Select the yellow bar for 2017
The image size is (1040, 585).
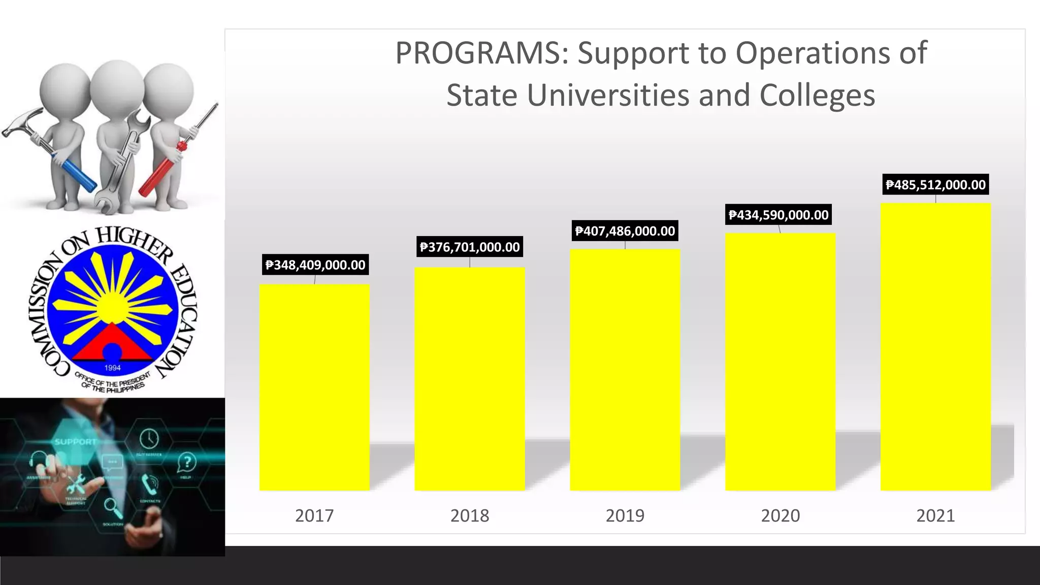pyautogui.click(x=314, y=387)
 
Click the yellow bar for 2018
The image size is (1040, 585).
pyautogui.click(x=470, y=379)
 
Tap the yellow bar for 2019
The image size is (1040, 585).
pyautogui.click(x=625, y=370)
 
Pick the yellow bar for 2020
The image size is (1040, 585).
pyautogui.click(x=780, y=362)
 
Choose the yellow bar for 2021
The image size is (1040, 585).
pyautogui.click(x=935, y=347)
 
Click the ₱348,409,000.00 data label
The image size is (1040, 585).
pyautogui.click(x=315, y=265)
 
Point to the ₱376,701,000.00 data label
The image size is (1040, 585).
pyautogui.click(x=470, y=247)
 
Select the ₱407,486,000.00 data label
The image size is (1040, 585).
pyautogui.click(x=625, y=232)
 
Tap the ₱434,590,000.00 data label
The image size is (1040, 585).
pyautogui.click(x=778, y=215)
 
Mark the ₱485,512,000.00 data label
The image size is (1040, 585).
pyautogui.click(x=935, y=185)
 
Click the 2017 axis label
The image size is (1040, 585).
pyautogui.click(x=314, y=516)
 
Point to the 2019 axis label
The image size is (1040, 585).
pyautogui.click(x=625, y=516)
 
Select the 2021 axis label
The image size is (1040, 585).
pyautogui.click(x=935, y=516)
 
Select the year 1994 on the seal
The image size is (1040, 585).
pyautogui.click(x=112, y=368)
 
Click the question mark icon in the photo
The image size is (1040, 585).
pyautogui.click(x=187, y=462)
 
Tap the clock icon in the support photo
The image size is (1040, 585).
pyautogui.click(x=149, y=437)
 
